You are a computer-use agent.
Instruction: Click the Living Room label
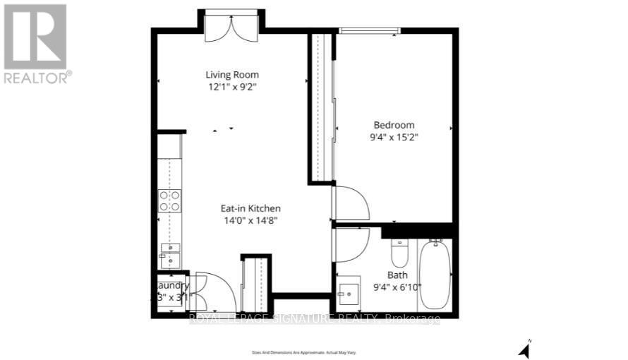tap(232, 74)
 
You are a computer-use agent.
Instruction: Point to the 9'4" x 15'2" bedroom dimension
tap(394, 137)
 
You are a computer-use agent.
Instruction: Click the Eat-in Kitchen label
tap(250, 208)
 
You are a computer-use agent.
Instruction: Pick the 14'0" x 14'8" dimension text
tap(250, 220)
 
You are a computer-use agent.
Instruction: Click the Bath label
tap(397, 275)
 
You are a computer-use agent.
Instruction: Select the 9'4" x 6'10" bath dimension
tap(397, 286)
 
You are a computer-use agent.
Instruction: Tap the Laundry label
tap(172, 285)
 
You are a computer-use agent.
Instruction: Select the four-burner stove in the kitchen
tap(169, 201)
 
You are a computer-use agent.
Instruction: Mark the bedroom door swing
tap(351, 203)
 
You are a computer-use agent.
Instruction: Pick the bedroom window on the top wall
tap(370, 30)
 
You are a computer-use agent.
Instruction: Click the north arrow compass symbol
tap(524, 348)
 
